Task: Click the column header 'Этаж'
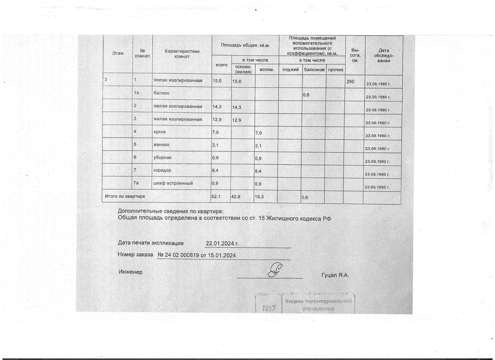click(x=118, y=53)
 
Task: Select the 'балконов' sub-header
click(x=314, y=70)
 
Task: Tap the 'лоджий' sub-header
click(x=291, y=70)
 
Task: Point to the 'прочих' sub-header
click(x=336, y=70)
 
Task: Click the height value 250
click(x=350, y=82)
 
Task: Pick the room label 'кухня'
click(x=160, y=132)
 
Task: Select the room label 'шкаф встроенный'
click(x=173, y=183)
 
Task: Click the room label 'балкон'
click(x=161, y=93)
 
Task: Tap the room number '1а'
click(x=136, y=92)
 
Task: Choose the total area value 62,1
click(x=216, y=197)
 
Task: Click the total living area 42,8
click(x=236, y=197)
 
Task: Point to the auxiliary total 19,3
click(x=259, y=197)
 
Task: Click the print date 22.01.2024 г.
click(x=222, y=243)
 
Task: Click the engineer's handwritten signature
click(x=275, y=270)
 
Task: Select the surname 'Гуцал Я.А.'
click(x=335, y=275)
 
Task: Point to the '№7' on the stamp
click(x=269, y=308)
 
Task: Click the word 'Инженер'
click(x=130, y=272)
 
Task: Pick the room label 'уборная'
click(x=162, y=157)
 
